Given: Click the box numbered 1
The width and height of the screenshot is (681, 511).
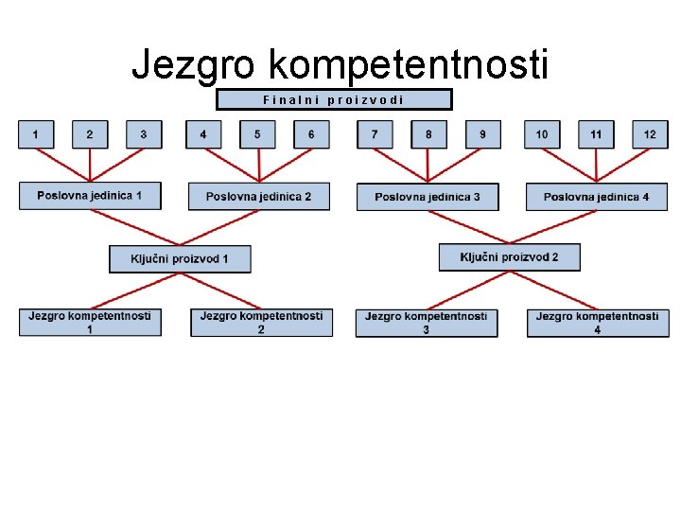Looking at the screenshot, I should pyautogui.click(x=36, y=134).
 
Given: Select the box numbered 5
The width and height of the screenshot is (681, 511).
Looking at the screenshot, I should pyautogui.click(x=257, y=134).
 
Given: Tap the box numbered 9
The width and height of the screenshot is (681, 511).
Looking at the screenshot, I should pyautogui.click(x=482, y=134).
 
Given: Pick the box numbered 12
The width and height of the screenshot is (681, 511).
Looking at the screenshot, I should pyautogui.click(x=650, y=134).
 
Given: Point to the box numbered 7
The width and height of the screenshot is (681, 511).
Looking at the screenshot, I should pyautogui.click(x=375, y=134).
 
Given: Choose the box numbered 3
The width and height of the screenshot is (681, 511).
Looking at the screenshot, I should pyautogui.click(x=144, y=134).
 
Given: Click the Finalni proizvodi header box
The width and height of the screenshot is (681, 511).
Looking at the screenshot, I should pyautogui.click(x=334, y=99).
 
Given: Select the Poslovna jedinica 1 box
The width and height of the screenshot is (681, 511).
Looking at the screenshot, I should pyautogui.click(x=90, y=196).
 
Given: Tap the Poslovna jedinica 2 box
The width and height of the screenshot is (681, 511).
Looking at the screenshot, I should pyautogui.click(x=259, y=197).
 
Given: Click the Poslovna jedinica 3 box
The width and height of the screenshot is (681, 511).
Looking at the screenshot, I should pyautogui.click(x=428, y=197).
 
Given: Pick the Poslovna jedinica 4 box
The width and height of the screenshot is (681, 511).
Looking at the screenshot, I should pyautogui.click(x=596, y=197).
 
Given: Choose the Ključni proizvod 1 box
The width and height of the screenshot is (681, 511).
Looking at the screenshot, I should pyautogui.click(x=180, y=258).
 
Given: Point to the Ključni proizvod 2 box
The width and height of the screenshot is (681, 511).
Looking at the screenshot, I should pyautogui.click(x=509, y=257).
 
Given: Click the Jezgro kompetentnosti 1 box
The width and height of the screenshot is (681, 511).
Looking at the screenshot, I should pyautogui.click(x=90, y=323).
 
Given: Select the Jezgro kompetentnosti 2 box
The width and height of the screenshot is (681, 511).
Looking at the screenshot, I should pyautogui.click(x=261, y=323).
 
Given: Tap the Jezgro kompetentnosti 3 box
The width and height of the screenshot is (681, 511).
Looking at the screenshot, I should pyautogui.click(x=427, y=323).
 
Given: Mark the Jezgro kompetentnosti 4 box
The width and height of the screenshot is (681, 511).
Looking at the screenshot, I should pyautogui.click(x=597, y=323).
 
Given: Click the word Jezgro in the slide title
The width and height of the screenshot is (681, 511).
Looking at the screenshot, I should pyautogui.click(x=194, y=64).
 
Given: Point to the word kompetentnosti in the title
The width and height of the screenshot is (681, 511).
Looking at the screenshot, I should pyautogui.click(x=409, y=64).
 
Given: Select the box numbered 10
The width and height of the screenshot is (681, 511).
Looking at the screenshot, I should pyautogui.click(x=542, y=134).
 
